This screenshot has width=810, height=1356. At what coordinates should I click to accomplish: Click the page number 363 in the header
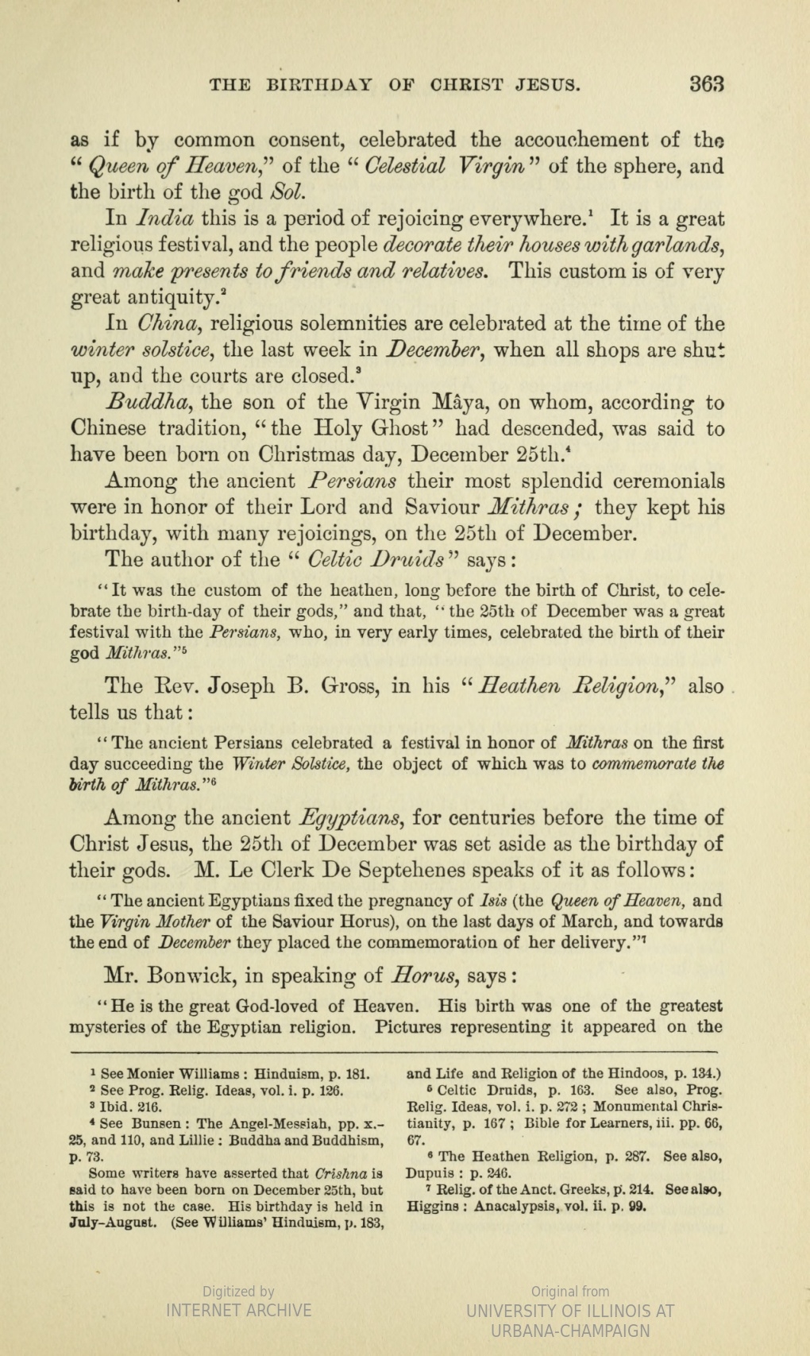(705, 83)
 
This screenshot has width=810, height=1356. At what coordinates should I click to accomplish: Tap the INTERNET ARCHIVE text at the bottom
(238, 1311)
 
